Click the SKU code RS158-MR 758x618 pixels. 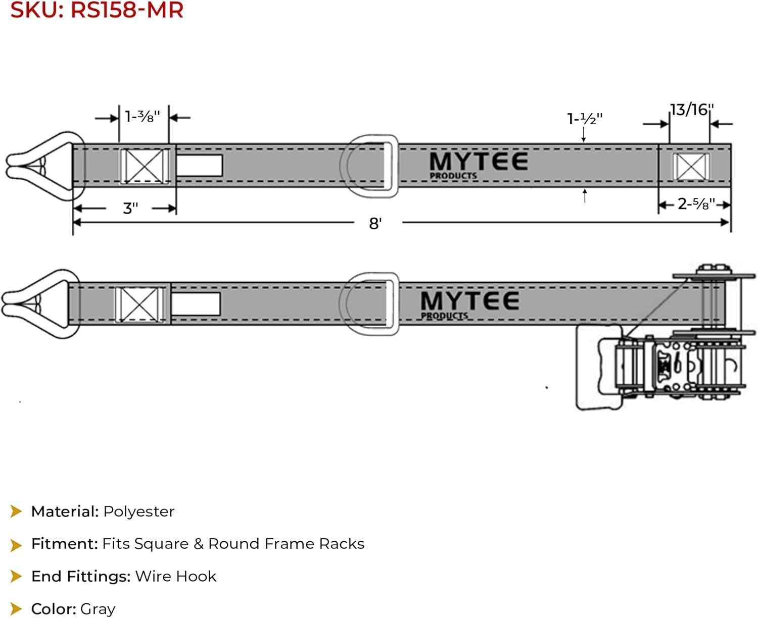tap(127, 10)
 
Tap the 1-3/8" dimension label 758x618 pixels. tap(143, 117)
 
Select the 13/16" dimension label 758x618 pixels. tap(692, 110)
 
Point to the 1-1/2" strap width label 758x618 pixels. tap(584, 119)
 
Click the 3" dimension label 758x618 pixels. tap(130, 209)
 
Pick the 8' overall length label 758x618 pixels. tap(375, 223)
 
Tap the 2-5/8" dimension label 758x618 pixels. tap(696, 204)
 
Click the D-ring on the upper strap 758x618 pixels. tap(394, 166)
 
